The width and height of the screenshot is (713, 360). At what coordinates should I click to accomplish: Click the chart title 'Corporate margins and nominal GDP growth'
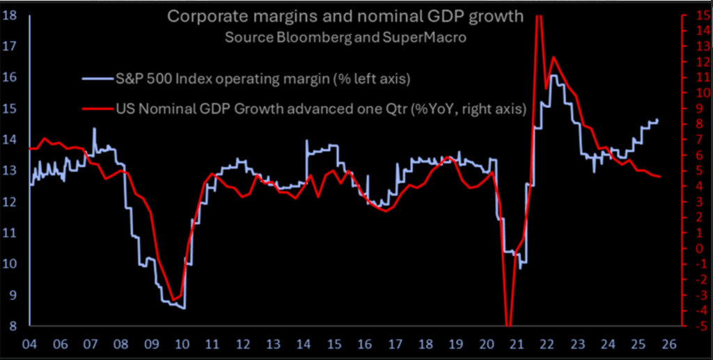point(345,16)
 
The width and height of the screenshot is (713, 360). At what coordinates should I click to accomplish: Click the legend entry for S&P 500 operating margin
point(263,79)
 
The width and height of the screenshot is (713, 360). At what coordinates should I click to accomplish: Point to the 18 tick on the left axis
point(10,15)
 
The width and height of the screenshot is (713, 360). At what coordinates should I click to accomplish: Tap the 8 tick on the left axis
point(13,325)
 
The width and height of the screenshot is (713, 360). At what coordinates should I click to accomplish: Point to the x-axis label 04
point(31,344)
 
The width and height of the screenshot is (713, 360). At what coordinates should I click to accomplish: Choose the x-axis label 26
point(674,344)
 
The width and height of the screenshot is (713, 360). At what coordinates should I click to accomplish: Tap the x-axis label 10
point(182,344)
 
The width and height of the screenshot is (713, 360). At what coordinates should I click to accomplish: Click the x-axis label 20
point(485,344)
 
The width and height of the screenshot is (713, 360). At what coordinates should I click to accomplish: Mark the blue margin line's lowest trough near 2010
point(183,308)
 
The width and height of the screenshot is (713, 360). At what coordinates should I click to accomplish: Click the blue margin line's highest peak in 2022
point(552,75)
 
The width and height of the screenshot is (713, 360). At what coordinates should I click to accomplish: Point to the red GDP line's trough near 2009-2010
point(176,299)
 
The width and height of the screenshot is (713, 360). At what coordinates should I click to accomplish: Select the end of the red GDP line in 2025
point(659,176)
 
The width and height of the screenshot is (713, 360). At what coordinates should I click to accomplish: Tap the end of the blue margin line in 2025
point(658,120)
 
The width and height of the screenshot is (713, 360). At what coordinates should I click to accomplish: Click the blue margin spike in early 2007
point(94,128)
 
